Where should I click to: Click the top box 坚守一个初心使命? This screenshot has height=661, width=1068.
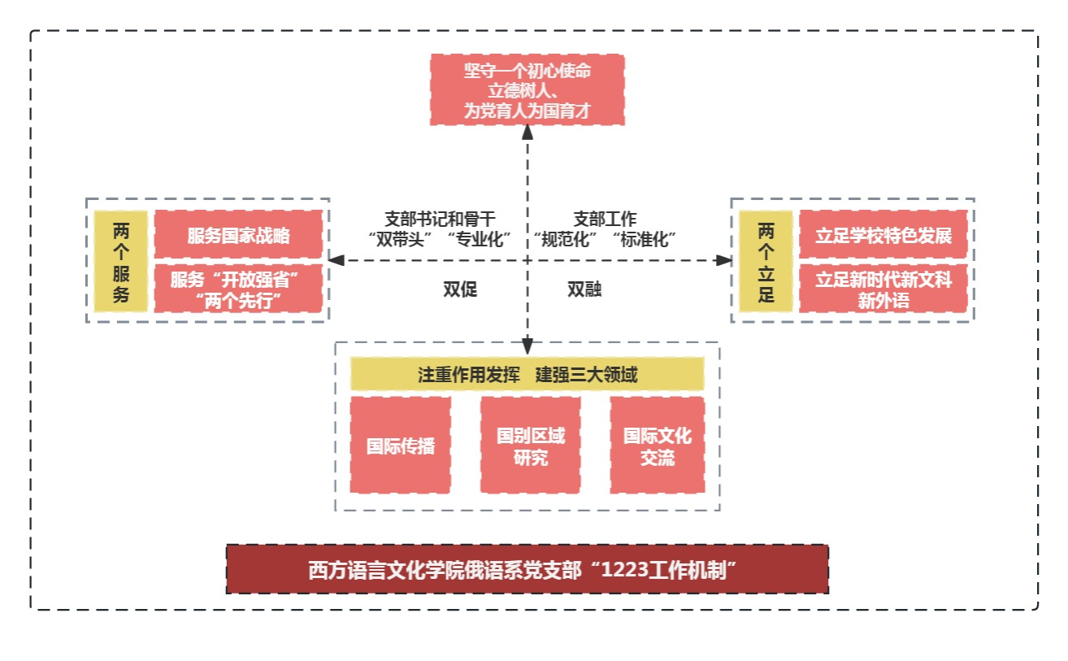(527, 89)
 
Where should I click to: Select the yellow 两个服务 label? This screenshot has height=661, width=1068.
(120, 261)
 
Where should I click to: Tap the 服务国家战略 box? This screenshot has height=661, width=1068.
(238, 236)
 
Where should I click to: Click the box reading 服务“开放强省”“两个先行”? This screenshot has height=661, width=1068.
(238, 289)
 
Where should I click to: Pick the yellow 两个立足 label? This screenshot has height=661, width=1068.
(766, 261)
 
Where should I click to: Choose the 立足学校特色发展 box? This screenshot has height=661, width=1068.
(883, 236)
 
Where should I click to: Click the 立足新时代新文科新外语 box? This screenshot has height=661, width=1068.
(883, 289)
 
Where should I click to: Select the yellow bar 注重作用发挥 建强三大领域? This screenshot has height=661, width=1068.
(527, 376)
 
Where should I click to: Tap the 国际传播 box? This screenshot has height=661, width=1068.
(400, 446)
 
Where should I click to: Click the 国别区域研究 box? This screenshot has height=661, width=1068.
(530, 446)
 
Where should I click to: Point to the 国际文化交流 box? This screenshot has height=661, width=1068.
(657, 446)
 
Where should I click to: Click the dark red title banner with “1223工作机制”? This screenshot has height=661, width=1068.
(527, 569)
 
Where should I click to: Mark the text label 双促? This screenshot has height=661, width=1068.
(460, 289)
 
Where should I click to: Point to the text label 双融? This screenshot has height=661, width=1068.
(584, 289)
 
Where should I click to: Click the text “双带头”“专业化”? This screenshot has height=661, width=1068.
(439, 239)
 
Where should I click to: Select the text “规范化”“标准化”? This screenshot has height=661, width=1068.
(605, 239)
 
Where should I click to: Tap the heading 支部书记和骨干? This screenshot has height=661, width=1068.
(439, 219)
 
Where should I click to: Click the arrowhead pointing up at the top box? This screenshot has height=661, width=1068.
(527, 133)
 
